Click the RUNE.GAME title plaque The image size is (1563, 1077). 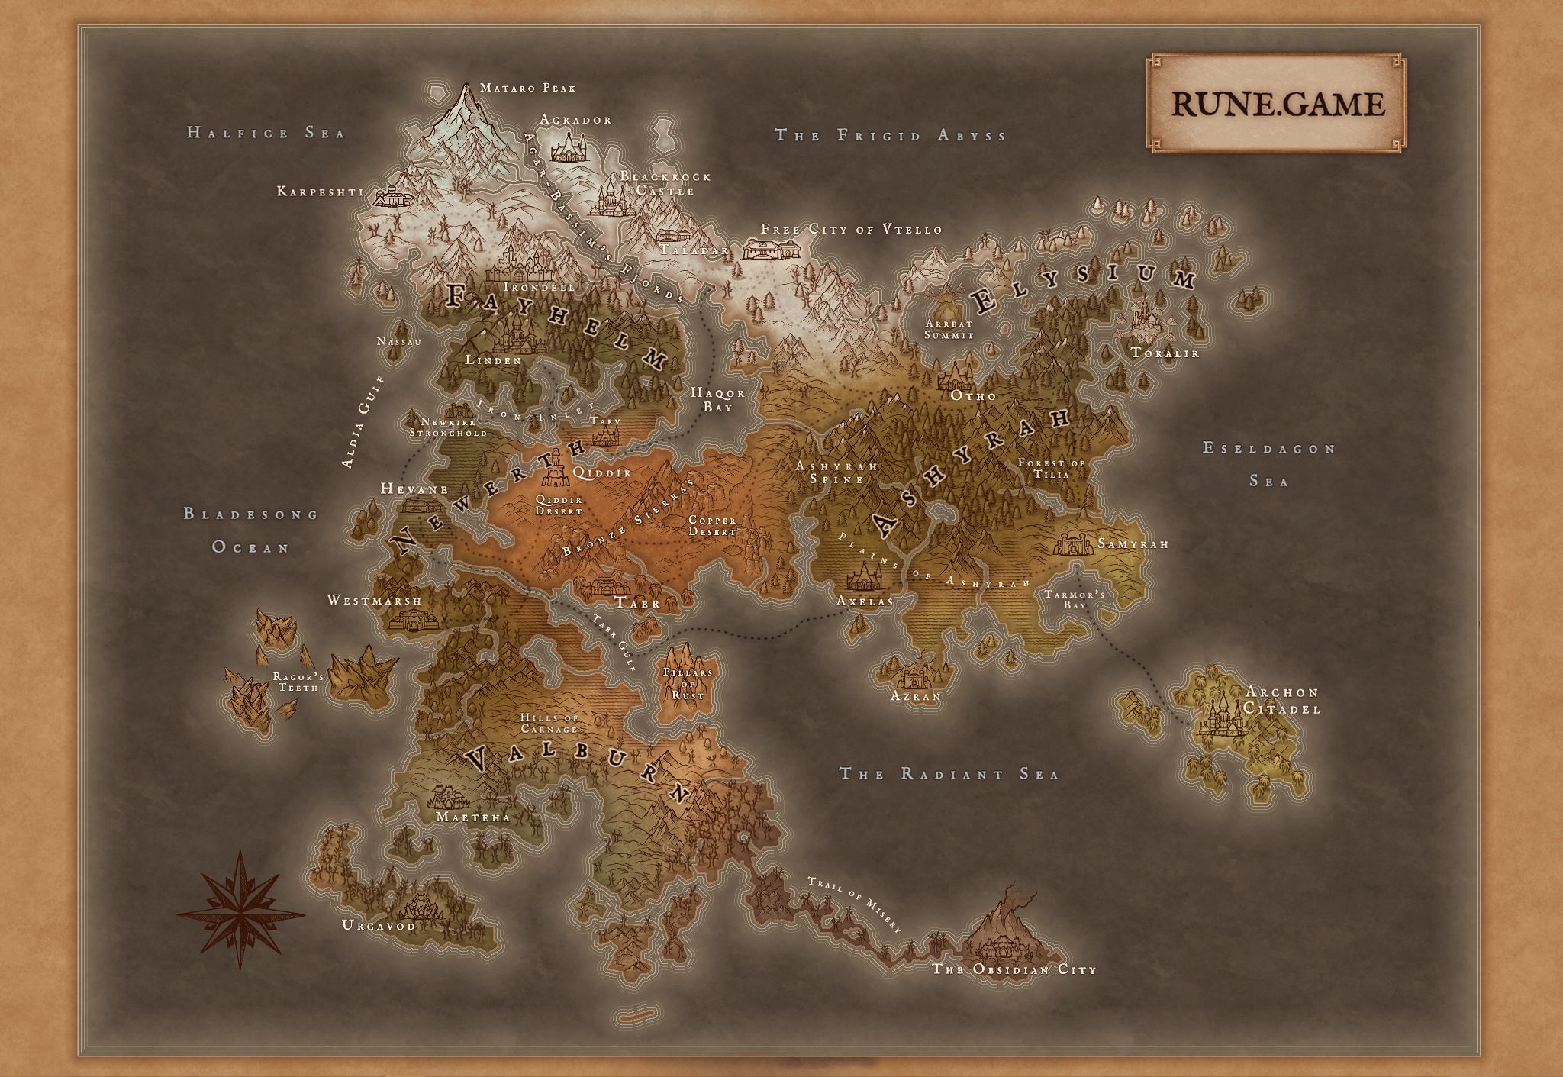(1278, 102)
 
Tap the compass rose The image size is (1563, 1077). (240, 910)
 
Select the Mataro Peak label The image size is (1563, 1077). (528, 88)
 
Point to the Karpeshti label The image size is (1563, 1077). (320, 192)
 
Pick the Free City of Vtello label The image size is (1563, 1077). (851, 229)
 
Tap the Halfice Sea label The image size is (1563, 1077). (266, 133)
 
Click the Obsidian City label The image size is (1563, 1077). (1014, 969)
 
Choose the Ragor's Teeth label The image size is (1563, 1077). (298, 682)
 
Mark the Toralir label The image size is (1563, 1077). (1165, 353)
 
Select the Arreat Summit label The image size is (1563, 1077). (949, 329)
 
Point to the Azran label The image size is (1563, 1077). (916, 696)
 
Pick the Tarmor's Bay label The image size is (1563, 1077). (1075, 599)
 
